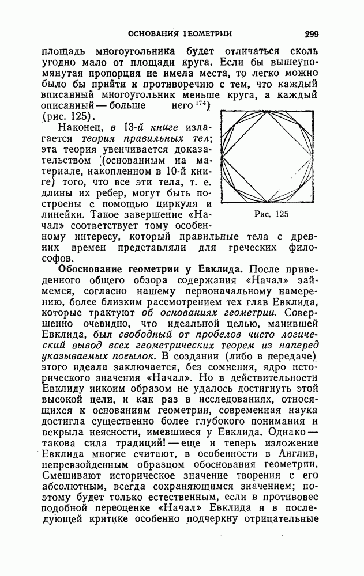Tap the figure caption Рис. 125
click(x=270, y=214)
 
